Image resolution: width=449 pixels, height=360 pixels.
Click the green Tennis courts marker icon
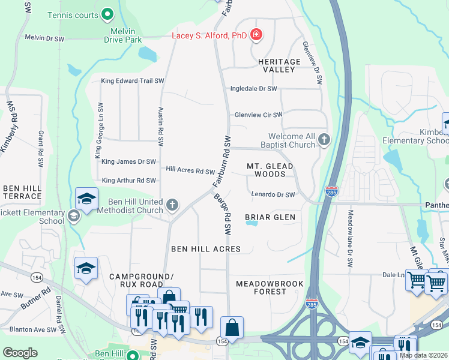coord(107,13)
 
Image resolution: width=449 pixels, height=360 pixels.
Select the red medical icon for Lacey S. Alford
coord(256,35)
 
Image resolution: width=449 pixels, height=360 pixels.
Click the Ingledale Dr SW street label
coord(254,89)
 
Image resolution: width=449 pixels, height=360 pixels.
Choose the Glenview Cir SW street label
coord(258,115)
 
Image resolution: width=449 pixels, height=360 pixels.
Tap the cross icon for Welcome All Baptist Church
coord(324,140)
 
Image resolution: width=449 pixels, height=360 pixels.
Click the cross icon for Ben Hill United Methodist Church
coord(172,206)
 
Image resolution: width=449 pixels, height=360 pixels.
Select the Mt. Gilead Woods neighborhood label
coord(270,170)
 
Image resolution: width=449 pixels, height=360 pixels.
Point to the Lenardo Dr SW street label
coord(273,194)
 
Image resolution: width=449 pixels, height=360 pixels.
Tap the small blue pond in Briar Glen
coord(252,223)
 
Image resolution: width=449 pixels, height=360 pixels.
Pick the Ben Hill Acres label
coord(206,249)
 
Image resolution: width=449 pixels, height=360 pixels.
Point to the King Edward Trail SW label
coord(133,80)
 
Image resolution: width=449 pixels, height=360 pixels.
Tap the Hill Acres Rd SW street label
coord(190,171)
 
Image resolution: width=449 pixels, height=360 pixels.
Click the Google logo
coord(20,353)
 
